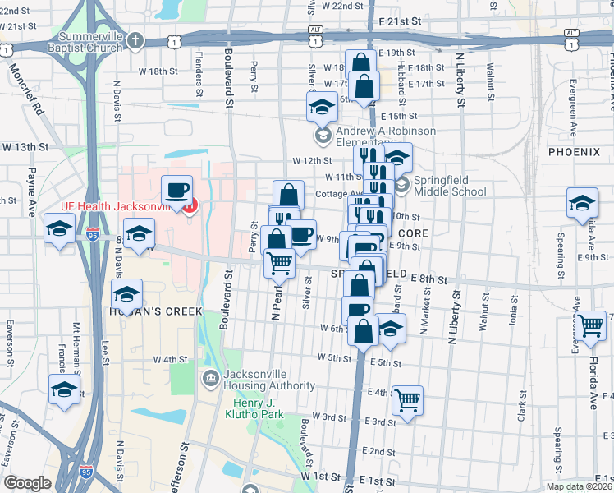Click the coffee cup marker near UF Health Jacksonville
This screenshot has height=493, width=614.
point(176,191)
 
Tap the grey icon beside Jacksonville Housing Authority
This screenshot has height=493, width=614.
point(209,377)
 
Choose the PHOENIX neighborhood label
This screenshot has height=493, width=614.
point(575,152)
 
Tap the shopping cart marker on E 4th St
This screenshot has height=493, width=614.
point(407,400)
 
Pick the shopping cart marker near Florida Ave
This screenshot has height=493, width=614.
point(590,325)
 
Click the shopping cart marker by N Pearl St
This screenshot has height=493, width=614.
point(280,263)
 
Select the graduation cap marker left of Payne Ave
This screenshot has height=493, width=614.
point(60,229)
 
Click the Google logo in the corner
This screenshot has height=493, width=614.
point(27,483)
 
